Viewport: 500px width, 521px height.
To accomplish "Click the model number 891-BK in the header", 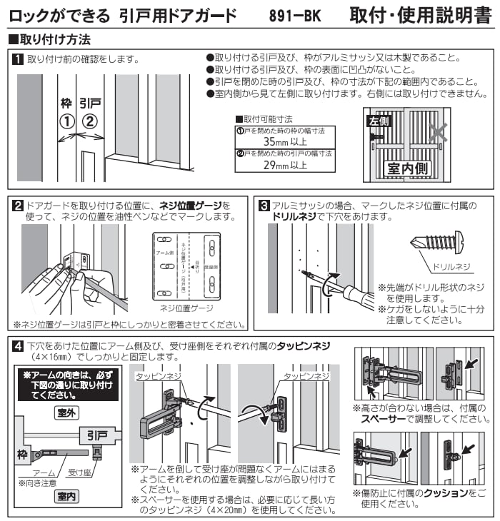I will pyautogui.click(x=299, y=14).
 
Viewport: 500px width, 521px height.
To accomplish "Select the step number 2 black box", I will pyautogui.click(x=19, y=206).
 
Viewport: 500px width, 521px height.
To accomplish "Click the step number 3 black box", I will pyautogui.click(x=264, y=206).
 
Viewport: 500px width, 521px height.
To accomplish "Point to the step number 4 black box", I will pyautogui.click(x=19, y=346).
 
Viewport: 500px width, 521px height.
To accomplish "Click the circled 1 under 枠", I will pyautogui.click(x=67, y=121).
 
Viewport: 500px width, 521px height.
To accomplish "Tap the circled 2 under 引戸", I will pyautogui.click(x=90, y=121).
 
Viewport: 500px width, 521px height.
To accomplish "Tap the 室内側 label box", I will pyautogui.click(x=407, y=168).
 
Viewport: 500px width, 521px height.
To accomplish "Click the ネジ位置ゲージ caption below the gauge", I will pyautogui.click(x=187, y=308).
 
